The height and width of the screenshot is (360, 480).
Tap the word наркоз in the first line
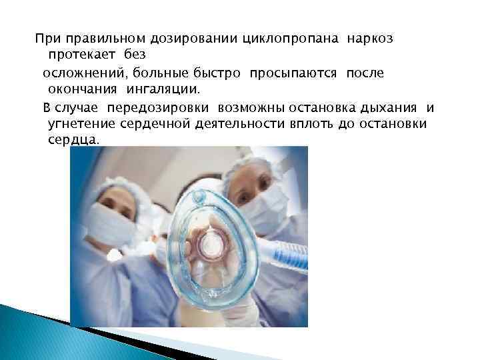pyautogui.click(x=370, y=38)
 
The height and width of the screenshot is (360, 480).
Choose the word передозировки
pyautogui.click(x=175, y=107)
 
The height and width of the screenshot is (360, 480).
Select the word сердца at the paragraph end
pyautogui.click(x=73, y=141)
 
